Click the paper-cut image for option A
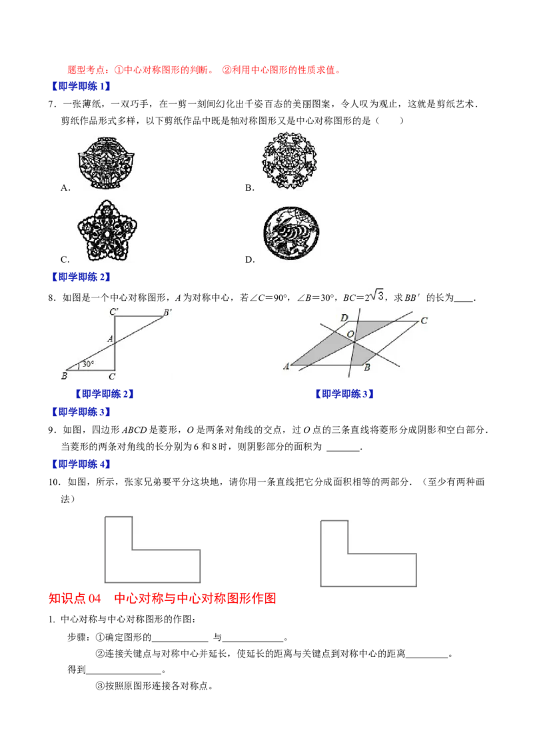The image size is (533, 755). pyautogui.click(x=107, y=163)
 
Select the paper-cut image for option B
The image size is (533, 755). pyautogui.click(x=290, y=160)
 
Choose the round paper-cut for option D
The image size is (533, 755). pyautogui.click(x=291, y=233)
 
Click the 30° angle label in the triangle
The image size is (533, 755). pyautogui.click(x=88, y=364)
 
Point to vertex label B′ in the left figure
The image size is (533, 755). pyautogui.click(x=167, y=313)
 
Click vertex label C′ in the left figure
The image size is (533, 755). pyautogui.click(x=114, y=311)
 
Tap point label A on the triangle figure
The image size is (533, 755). pyautogui.click(x=110, y=339)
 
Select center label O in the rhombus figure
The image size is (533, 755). pyautogui.click(x=350, y=334)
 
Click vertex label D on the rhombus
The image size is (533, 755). pyautogui.click(x=344, y=317)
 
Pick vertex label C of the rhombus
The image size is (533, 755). pyautogui.click(x=424, y=320)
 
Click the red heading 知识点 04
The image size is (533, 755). pyautogui.click(x=75, y=598)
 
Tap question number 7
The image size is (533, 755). pyautogui.click(x=53, y=104)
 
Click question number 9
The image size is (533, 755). pyautogui.click(x=53, y=430)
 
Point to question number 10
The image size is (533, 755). pyautogui.click(x=55, y=482)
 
